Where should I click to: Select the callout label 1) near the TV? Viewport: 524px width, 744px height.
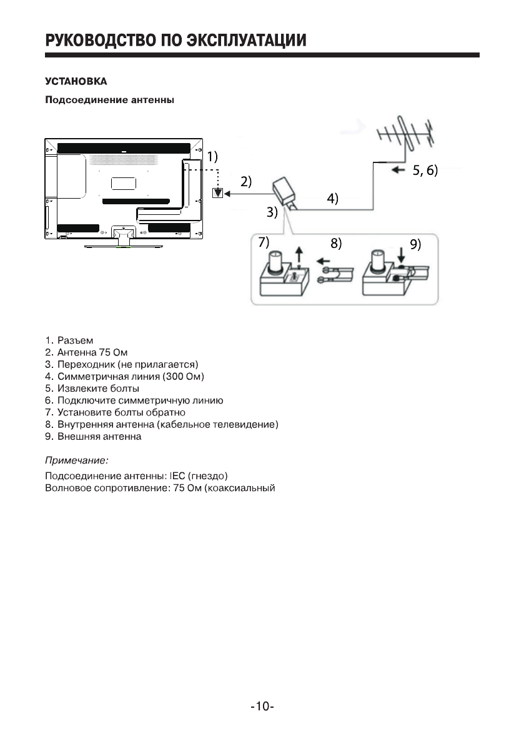(213, 156)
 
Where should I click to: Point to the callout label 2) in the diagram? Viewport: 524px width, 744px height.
(246, 182)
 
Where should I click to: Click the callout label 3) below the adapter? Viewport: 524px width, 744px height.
(272, 212)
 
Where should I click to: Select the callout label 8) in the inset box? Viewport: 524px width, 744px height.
(336, 244)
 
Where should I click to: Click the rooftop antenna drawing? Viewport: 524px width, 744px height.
(407, 137)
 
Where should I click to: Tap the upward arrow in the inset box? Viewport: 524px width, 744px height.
(301, 255)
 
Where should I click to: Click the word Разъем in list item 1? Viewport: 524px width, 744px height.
(76, 340)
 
